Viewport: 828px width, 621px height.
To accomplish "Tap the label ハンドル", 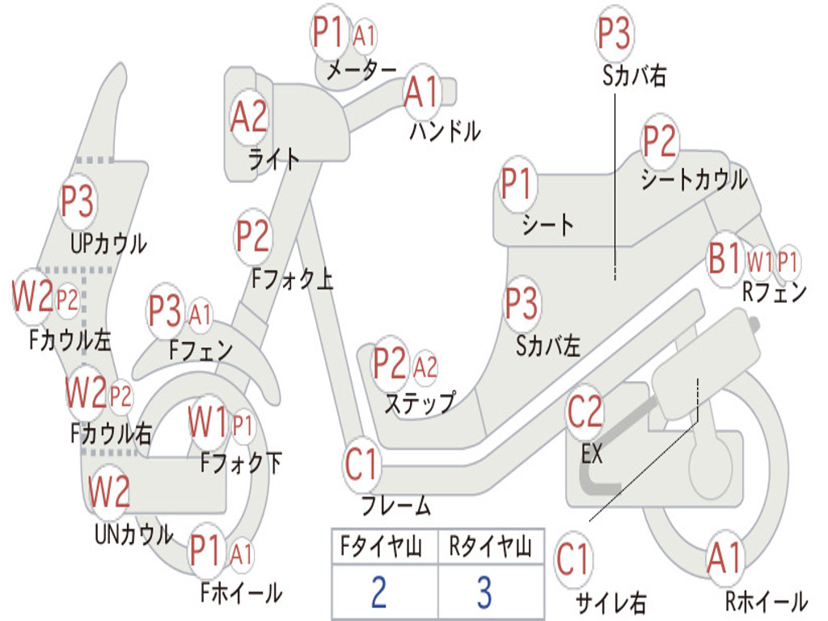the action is point(445,130).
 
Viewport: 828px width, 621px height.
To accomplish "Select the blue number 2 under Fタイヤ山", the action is point(378,592).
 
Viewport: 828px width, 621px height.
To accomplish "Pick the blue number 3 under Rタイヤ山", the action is point(484,592).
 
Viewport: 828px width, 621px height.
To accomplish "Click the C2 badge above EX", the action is point(585,412).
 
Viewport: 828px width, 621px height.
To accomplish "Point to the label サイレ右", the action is point(611,602).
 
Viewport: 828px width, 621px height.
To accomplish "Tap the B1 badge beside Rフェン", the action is point(724,260).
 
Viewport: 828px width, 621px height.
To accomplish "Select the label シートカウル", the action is point(694,180).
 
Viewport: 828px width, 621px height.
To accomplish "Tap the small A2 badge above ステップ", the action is point(425,367).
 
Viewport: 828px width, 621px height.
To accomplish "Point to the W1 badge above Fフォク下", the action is point(208,421).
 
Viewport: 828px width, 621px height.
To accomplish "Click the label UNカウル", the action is point(133,534).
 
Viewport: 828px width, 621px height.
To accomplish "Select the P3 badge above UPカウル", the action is point(78,202).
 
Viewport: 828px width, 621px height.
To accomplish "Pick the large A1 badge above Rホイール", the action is point(724,557).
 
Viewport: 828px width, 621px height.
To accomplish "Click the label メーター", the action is point(361,71).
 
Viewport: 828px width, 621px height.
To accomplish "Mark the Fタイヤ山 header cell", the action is point(378,548).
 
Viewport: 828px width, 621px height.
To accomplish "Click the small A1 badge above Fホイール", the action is point(241,555).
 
